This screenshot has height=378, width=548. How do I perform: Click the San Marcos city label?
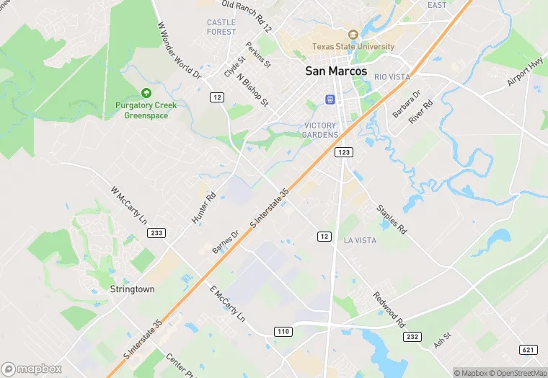[x=336, y=71]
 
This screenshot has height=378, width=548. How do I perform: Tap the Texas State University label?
[x=353, y=47]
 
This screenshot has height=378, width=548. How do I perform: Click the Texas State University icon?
[x=353, y=35]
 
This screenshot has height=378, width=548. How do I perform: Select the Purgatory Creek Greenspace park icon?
[x=146, y=93]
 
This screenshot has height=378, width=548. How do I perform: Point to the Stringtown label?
[x=132, y=289]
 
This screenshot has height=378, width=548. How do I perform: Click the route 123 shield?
[x=342, y=153]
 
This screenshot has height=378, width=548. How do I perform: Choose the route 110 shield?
[x=283, y=331]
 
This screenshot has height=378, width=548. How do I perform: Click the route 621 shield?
[x=529, y=350]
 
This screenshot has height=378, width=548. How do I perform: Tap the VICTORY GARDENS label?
[x=320, y=130]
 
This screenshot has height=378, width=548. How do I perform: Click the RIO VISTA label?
[x=392, y=77]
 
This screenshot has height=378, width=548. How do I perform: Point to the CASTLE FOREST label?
[x=221, y=27]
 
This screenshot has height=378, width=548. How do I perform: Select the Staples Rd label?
[x=392, y=219]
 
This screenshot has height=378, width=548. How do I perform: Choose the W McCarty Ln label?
[x=128, y=206]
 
